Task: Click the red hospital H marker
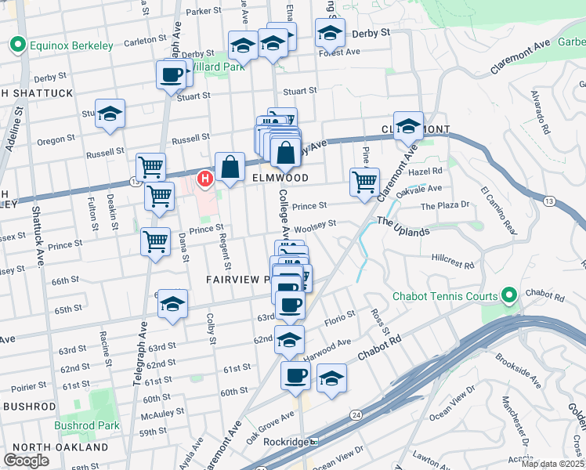click(205, 179)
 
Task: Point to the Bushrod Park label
click(87, 426)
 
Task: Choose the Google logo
click(26, 461)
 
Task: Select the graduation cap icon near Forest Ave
click(330, 34)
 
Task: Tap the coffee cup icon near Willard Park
click(171, 76)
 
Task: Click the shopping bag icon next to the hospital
click(230, 166)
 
